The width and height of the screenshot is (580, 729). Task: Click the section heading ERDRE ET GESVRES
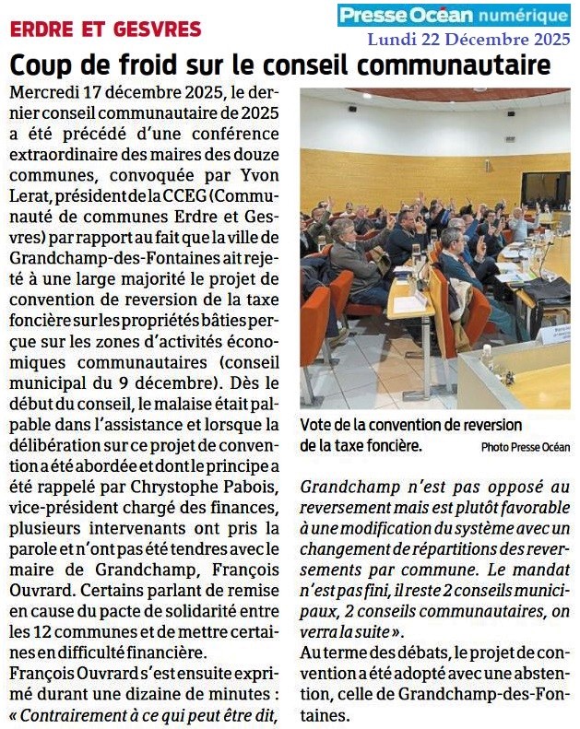(x=104, y=29)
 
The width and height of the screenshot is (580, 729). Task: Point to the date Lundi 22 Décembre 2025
(x=468, y=39)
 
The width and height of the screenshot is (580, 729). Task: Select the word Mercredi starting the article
(x=41, y=93)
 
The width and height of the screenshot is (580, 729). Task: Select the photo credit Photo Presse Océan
(x=527, y=446)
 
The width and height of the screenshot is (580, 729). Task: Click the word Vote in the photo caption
(x=317, y=425)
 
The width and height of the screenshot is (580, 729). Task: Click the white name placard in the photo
(x=554, y=335)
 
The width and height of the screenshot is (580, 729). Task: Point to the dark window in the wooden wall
(x=544, y=190)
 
